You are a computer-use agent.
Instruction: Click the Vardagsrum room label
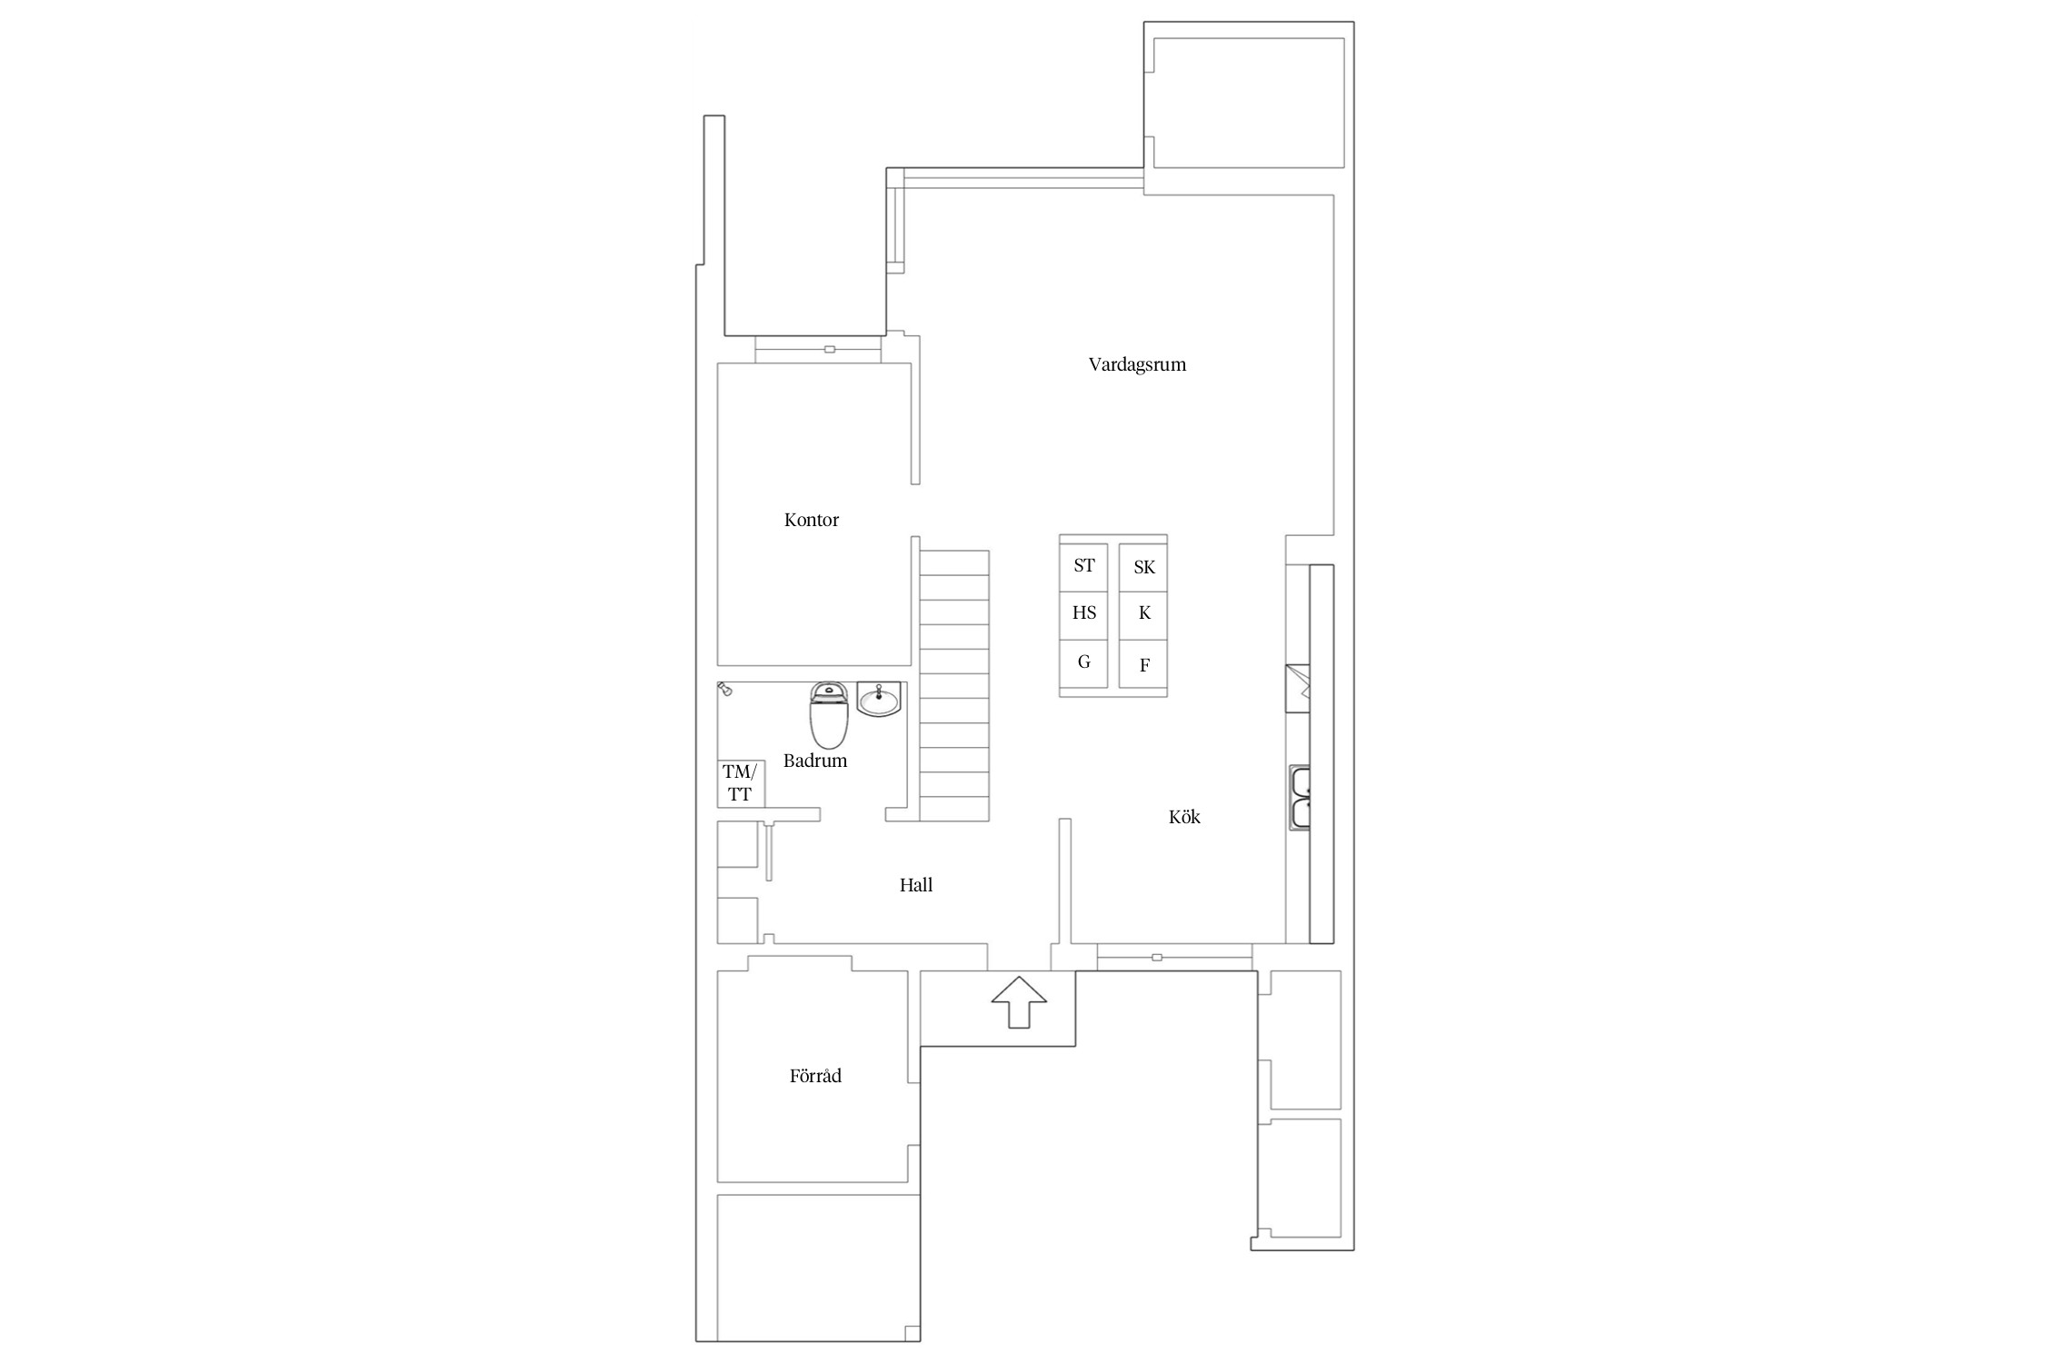1137,365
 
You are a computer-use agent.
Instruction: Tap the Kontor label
812,520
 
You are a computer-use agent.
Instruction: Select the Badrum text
815,761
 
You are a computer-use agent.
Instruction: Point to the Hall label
916,885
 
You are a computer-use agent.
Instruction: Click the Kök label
1184,817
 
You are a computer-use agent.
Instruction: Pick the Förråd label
815,1076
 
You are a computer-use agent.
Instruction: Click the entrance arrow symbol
1019,1001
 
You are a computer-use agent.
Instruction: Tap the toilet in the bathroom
829,715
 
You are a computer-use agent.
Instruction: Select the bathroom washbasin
879,699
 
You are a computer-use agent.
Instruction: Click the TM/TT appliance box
741,783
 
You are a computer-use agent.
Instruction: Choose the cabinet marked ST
1083,566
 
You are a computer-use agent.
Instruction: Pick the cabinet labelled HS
1083,614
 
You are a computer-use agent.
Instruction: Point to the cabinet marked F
1143,665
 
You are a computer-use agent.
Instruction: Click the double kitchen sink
1299,798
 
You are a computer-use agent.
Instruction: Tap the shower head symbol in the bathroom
724,689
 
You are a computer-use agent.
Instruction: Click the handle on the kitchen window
1156,957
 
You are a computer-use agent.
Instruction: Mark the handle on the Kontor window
829,349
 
